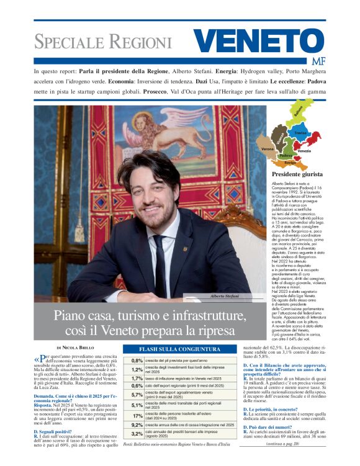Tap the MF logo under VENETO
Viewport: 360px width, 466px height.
tap(317, 61)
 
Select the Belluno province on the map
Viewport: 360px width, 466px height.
tap(298, 115)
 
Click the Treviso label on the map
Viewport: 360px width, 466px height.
tap(302, 133)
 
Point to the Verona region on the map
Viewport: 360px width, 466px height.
tap(268, 149)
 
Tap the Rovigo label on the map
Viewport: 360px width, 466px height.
tap(290, 163)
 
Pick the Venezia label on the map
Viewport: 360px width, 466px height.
tap(304, 151)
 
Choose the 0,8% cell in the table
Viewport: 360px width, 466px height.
tap(137, 360)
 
